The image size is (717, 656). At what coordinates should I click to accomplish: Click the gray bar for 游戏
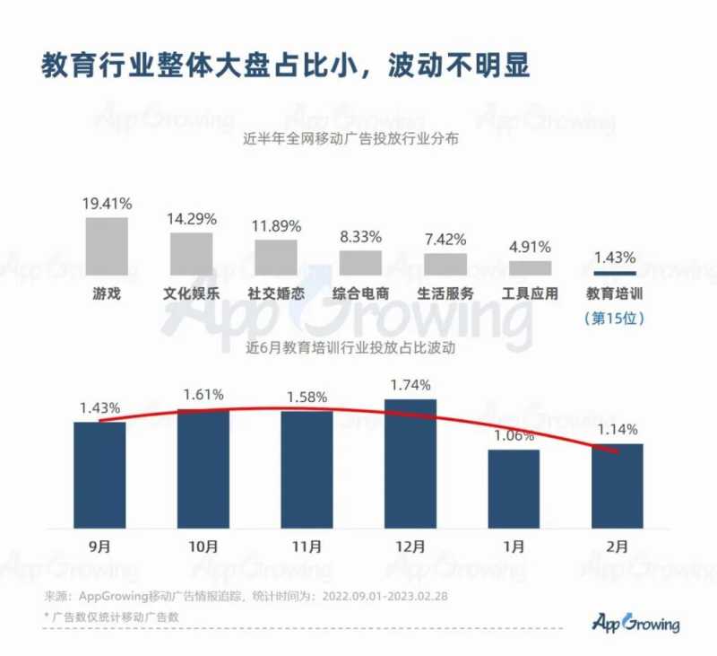point(107,245)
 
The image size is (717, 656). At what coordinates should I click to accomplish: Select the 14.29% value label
point(191,218)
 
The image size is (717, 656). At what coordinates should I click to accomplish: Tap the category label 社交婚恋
point(275,293)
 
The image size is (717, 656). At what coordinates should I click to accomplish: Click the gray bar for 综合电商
point(360,262)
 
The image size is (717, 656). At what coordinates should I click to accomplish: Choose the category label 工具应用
point(530,293)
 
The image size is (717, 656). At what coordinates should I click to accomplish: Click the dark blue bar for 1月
point(514,489)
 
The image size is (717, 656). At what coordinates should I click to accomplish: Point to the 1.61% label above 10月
point(203,395)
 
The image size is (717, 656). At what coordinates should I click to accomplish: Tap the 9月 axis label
point(99,546)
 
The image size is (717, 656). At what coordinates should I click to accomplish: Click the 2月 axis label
point(617,546)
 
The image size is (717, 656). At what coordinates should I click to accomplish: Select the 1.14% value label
point(617,429)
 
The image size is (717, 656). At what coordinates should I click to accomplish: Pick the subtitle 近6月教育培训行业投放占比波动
point(358,348)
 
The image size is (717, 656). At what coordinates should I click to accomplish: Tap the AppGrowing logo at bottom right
point(636,623)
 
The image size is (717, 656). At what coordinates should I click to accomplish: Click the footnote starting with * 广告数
point(112,617)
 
